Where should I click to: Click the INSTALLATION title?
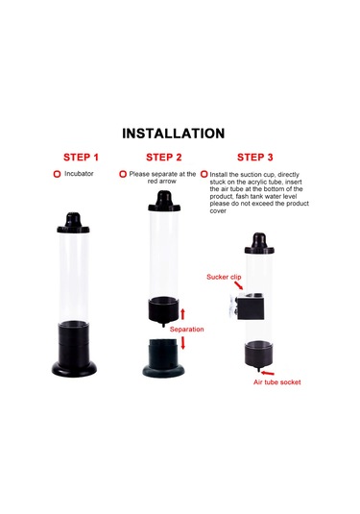click(x=174, y=134)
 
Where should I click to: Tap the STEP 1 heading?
click(x=81, y=158)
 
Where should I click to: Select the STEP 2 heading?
click(x=164, y=158)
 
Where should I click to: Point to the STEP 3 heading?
click(x=254, y=158)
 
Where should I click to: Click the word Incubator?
click(x=79, y=173)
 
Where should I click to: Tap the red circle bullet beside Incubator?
click(x=57, y=174)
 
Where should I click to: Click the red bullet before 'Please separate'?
click(x=123, y=174)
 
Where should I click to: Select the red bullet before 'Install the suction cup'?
click(x=204, y=174)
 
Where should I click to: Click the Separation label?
click(x=186, y=330)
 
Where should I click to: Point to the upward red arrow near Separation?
click(x=182, y=314)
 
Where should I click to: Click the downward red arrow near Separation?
click(x=182, y=343)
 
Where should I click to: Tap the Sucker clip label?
click(x=224, y=277)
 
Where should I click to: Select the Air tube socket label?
click(x=277, y=382)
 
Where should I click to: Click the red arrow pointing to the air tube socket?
click(x=268, y=373)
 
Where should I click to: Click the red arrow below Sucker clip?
click(x=239, y=285)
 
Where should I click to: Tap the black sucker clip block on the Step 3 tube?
click(x=251, y=307)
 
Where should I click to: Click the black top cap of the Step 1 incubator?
click(x=73, y=223)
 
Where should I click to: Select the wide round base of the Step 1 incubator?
click(x=74, y=369)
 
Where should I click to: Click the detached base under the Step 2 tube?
click(x=163, y=357)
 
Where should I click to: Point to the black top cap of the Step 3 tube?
click(x=259, y=243)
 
